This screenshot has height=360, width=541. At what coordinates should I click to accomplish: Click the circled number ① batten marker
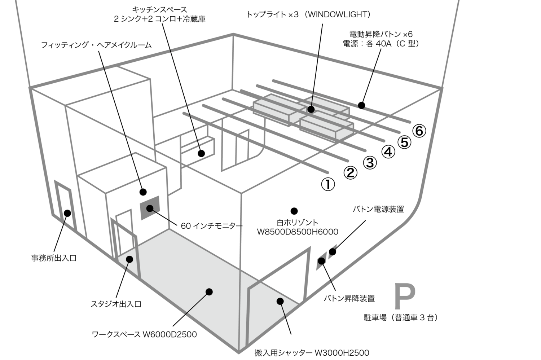(x=328, y=184)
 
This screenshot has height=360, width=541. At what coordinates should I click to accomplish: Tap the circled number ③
(x=370, y=163)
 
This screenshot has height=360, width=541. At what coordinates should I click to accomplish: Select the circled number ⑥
(x=419, y=131)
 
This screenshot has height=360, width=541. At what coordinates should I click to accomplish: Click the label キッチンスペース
(x=159, y=9)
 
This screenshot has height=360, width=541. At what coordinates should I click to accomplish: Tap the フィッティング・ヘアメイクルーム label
(x=96, y=45)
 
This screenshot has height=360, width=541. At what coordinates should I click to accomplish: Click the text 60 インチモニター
(x=212, y=226)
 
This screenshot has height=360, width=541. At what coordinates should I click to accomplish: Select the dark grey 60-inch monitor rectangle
(x=150, y=207)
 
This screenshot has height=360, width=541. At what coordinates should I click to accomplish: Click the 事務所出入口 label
(x=54, y=258)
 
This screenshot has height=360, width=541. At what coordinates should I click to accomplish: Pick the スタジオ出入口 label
(x=116, y=304)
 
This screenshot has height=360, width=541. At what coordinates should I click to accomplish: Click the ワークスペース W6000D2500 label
(x=144, y=334)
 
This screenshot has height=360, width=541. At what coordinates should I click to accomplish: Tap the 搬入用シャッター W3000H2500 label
(x=312, y=352)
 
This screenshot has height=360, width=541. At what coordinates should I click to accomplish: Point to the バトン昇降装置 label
(x=349, y=298)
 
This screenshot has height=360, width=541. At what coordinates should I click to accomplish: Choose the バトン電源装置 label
(x=378, y=209)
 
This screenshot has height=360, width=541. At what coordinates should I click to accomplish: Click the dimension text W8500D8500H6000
(x=298, y=232)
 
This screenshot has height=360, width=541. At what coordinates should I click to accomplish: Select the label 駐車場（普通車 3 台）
(x=401, y=317)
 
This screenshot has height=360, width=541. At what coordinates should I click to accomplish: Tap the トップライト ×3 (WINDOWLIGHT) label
(x=308, y=14)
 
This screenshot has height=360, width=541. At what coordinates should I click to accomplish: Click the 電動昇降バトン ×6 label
(x=381, y=34)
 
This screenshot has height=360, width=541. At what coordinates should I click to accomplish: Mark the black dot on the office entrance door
(x=67, y=213)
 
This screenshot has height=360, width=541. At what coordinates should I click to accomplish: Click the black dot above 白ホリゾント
(x=294, y=211)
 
